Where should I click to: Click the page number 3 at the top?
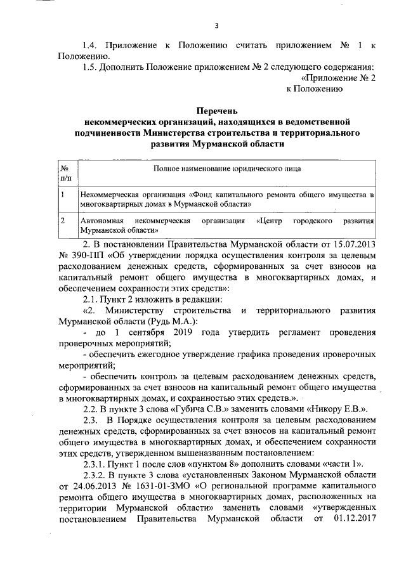click(x=216, y=26)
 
